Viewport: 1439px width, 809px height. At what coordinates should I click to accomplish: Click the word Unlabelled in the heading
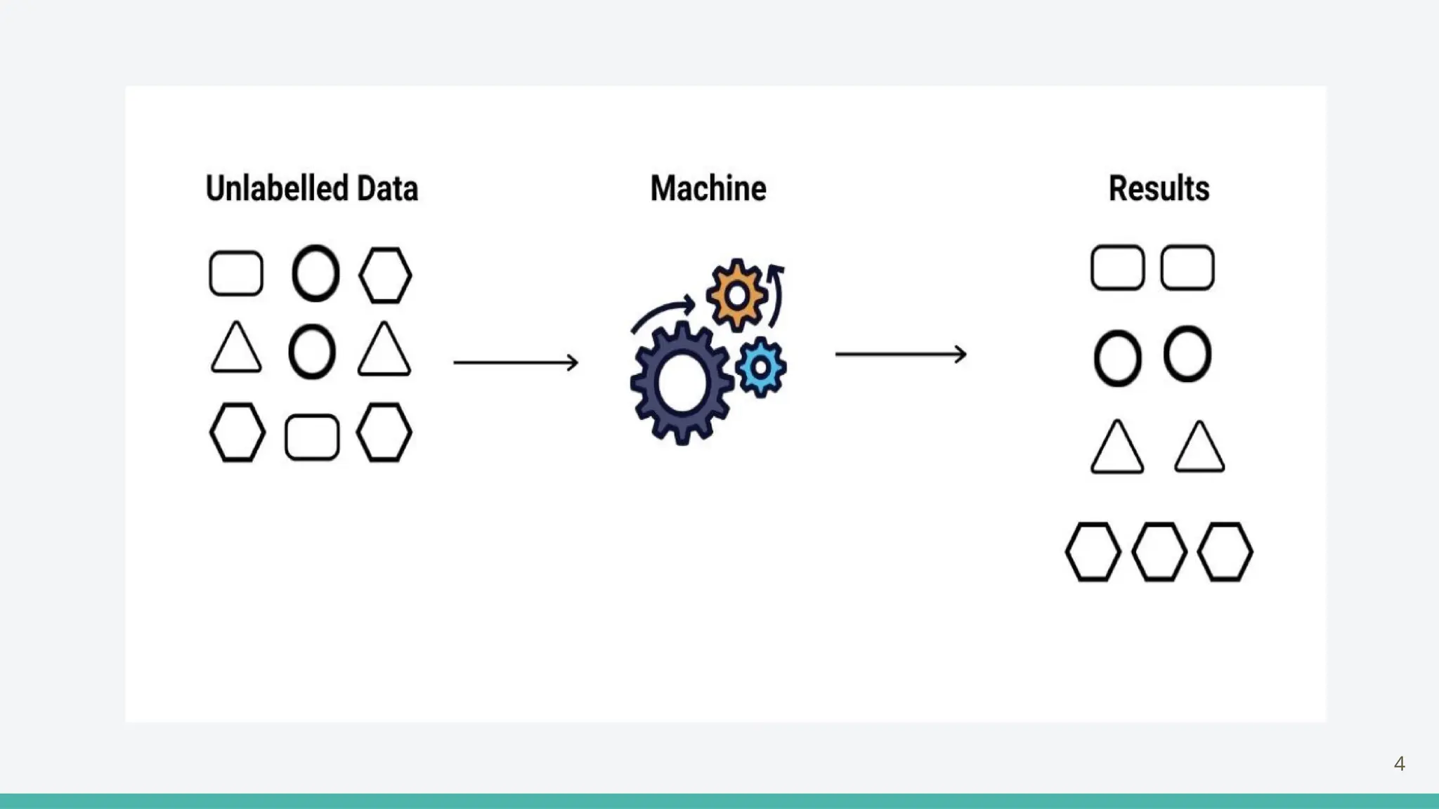(x=277, y=188)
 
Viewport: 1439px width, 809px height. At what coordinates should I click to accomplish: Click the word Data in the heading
(x=387, y=188)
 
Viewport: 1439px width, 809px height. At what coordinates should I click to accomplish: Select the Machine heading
(x=708, y=188)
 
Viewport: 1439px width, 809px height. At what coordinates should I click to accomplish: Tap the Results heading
(x=1159, y=188)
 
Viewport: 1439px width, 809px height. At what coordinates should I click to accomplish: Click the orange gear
(x=736, y=295)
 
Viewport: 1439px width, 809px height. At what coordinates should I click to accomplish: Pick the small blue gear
(x=761, y=367)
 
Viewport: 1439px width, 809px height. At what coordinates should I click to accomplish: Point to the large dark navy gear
(x=680, y=383)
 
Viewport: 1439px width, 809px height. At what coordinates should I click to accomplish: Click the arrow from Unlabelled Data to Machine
(x=516, y=362)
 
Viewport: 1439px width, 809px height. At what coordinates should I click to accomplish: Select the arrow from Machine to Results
(x=900, y=354)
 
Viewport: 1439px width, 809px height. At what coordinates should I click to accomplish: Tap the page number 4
(x=1399, y=764)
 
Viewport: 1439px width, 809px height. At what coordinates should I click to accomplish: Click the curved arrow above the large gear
(x=662, y=312)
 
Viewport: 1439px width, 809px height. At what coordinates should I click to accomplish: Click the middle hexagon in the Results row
(x=1159, y=552)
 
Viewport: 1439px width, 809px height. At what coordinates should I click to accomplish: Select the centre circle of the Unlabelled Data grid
(x=312, y=351)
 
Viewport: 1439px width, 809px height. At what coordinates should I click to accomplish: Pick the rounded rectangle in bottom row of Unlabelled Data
(x=312, y=438)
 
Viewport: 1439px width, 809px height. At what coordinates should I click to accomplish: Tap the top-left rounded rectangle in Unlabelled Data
(x=236, y=273)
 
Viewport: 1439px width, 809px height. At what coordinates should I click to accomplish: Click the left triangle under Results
(x=1117, y=448)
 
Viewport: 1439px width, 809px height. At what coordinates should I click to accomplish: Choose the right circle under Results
(x=1187, y=354)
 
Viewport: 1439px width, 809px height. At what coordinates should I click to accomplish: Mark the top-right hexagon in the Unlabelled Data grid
(x=385, y=275)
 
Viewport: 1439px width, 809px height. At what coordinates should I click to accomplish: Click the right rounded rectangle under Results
(x=1187, y=268)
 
